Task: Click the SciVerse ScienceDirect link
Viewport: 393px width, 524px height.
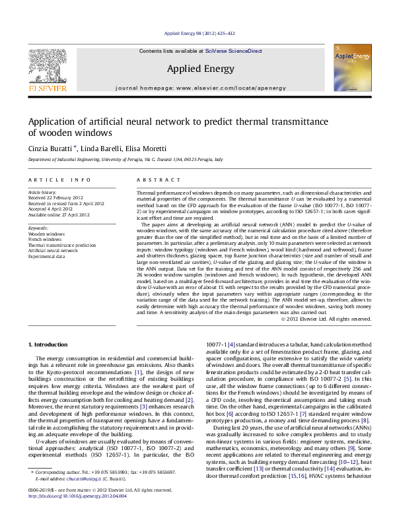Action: pyautogui.click(x=234, y=51)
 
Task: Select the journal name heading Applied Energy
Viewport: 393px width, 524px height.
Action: pyautogui.click(x=196, y=68)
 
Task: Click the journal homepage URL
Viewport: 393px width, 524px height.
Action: pyautogui.click(x=223, y=87)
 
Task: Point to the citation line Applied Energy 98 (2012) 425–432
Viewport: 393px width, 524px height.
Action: pyautogui.click(x=196, y=34)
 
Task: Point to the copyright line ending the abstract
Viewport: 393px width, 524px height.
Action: pyautogui.click(x=326, y=319)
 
